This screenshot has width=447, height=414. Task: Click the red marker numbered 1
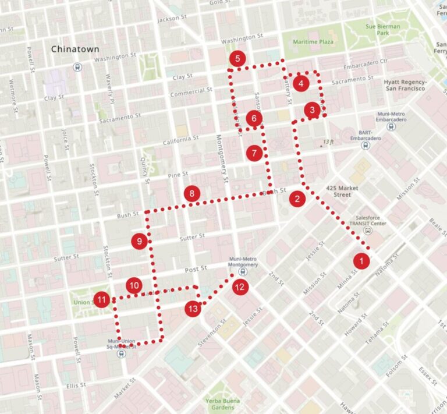click(361, 261)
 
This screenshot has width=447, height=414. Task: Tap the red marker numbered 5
click(237, 58)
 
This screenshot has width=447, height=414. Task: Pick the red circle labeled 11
click(102, 300)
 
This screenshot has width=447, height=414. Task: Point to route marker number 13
click(193, 309)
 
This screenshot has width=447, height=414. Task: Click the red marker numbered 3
click(313, 109)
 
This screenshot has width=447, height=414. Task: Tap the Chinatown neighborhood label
click(75, 49)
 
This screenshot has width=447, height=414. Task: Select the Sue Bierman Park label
click(383, 30)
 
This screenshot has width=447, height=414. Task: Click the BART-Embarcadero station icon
click(365, 146)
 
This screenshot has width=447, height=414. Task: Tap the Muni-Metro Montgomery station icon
click(243, 271)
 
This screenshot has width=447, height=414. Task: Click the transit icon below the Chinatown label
click(77, 66)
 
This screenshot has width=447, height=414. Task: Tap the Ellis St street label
click(76, 385)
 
